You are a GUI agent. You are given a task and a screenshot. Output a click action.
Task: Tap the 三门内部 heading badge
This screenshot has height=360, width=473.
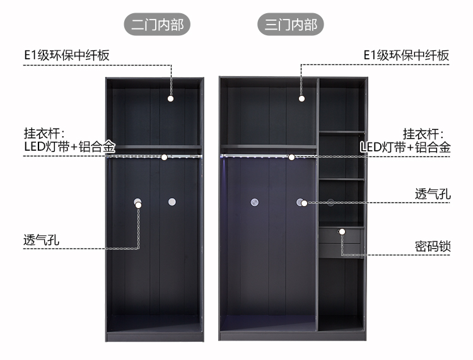291,25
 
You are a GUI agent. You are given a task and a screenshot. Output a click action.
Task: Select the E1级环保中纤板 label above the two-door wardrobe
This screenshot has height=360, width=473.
66,55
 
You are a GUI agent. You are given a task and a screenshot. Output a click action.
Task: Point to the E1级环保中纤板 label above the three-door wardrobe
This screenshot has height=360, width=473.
406,55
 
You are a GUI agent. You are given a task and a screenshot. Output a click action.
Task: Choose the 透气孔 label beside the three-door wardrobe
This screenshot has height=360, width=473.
433,194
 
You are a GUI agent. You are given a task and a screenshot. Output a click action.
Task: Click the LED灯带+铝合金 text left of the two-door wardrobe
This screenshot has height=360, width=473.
69,148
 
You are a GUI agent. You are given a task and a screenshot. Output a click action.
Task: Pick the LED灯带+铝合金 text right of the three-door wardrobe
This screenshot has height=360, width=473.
406,148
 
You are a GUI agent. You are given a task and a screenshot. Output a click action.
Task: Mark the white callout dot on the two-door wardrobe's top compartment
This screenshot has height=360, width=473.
170,98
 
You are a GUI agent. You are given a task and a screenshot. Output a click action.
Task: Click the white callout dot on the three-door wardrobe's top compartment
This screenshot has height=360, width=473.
301,98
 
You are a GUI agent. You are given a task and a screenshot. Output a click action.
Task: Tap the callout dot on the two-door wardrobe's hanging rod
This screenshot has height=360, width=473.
164,156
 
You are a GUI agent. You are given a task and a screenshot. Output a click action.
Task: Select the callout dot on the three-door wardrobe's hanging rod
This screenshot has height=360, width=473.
291,156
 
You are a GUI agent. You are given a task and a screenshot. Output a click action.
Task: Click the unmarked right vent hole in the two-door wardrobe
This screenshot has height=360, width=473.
171,202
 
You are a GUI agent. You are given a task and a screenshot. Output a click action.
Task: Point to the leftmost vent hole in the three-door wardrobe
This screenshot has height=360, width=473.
255,202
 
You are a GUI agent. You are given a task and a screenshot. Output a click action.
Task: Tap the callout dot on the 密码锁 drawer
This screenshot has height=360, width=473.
342,231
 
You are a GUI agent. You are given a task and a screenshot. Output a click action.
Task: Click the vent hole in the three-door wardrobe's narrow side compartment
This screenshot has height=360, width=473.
330,203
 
